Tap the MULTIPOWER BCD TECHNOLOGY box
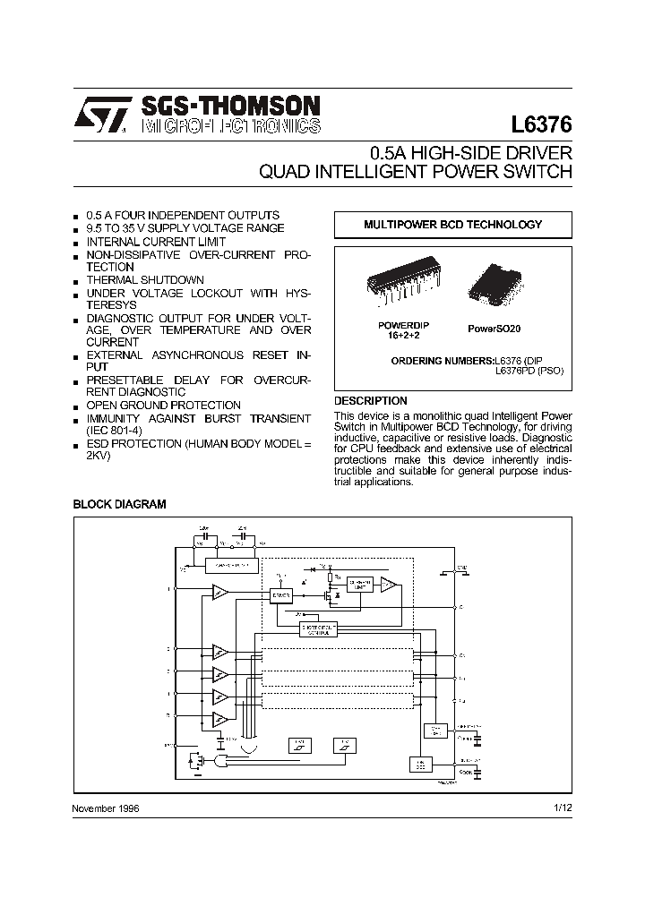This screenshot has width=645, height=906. pyautogui.click(x=452, y=225)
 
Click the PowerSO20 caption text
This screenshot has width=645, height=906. pyautogui.click(x=494, y=329)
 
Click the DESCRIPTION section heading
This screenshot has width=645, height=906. pyautogui.click(x=370, y=401)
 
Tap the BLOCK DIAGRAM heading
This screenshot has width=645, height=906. pyautogui.click(x=119, y=504)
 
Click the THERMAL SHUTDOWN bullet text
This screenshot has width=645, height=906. pyautogui.click(x=145, y=280)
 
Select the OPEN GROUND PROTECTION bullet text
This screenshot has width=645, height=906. pyautogui.click(x=163, y=406)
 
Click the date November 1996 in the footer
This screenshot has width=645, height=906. pyautogui.click(x=106, y=808)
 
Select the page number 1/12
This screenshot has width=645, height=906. pyautogui.click(x=563, y=808)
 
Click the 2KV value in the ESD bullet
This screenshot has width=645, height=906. pyautogui.click(x=96, y=457)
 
